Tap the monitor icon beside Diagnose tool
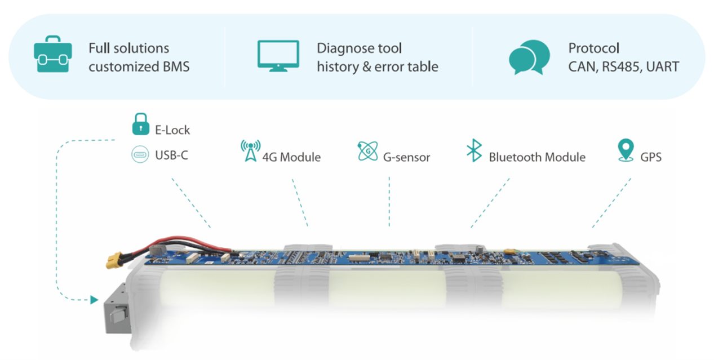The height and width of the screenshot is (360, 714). click(278, 55)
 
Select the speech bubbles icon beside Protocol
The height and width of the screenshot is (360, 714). click(529, 57)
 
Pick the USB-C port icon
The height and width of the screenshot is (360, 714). click(140, 154)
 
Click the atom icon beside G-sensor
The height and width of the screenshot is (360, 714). click(367, 151)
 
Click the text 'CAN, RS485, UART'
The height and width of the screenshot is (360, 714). click(623, 66)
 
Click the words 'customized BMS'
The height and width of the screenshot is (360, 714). click(139, 66)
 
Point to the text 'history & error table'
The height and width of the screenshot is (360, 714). click(377, 66)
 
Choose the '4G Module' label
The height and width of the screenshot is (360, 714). click(291, 157)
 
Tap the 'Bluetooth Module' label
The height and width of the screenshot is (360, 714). click(536, 157)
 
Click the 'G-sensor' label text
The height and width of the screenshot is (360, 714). click(406, 157)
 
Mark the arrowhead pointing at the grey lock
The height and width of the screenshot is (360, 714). click(94, 300)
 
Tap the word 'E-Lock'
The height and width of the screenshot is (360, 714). click(172, 130)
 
